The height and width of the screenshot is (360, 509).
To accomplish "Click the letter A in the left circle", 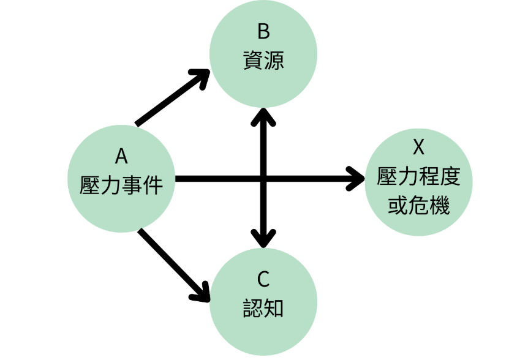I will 121,157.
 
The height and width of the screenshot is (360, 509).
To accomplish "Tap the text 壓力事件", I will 121,184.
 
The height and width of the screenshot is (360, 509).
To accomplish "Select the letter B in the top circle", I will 264,31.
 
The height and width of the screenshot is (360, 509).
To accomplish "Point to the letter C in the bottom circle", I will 263,280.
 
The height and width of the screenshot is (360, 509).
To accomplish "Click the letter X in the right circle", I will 419,148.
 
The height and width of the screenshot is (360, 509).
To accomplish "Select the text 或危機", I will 419,206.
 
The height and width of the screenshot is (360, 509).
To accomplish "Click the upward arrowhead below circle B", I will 264,116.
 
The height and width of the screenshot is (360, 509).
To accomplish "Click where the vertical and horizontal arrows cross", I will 264,179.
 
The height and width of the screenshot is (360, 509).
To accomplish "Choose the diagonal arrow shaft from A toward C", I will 168,260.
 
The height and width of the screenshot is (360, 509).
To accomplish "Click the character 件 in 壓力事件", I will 153,184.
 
